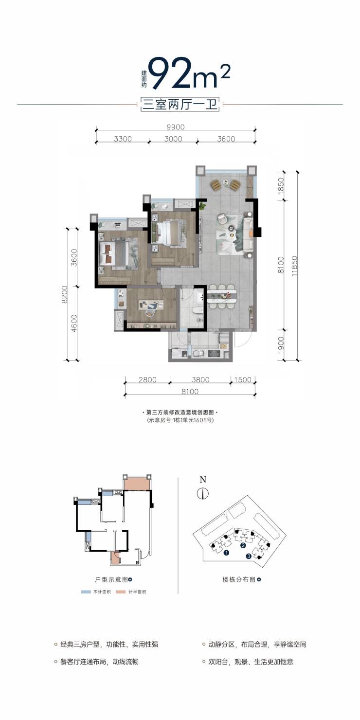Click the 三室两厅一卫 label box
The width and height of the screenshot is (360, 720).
point(180,105)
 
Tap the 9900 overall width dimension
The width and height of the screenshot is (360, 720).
point(176,127)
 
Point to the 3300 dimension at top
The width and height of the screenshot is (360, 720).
point(123,139)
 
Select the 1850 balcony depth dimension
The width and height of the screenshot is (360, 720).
point(281,185)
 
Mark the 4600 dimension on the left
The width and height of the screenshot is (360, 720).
point(74,323)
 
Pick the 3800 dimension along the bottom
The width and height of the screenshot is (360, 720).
point(200,379)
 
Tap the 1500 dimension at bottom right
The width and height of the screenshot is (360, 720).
point(243,379)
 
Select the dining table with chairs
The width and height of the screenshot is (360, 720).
point(222,296)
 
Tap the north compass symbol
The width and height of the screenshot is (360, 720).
point(203,493)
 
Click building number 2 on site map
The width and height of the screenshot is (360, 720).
point(243,545)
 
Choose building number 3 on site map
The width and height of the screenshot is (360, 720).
point(249,557)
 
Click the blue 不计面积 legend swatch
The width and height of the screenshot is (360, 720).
point(86,592)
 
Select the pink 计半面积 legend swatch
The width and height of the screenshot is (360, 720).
point(122,592)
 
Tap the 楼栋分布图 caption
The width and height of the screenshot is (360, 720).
point(239,579)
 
